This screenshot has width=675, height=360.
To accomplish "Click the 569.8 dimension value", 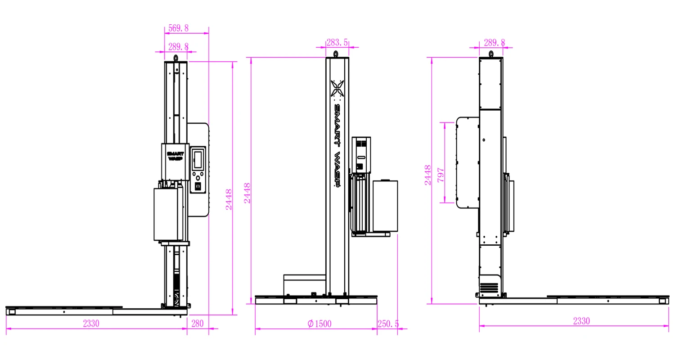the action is [178, 28].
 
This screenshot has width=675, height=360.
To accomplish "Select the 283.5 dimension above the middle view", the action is [337, 42].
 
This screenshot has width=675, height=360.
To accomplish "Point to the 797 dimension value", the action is [441, 175].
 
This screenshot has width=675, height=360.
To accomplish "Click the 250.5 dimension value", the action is [388, 324].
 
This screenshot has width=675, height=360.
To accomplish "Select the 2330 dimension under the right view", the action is [581, 321].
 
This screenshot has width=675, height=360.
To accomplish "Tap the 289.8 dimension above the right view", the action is [494, 42].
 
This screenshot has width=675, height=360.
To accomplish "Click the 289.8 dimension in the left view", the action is [178, 46].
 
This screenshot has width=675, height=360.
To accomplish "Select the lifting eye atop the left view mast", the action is [176, 58].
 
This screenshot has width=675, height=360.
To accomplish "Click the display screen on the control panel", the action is [198, 159].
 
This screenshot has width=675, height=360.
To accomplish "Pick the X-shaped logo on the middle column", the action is [337, 88].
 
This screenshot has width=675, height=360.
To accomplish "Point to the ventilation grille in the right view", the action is [490, 287].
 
